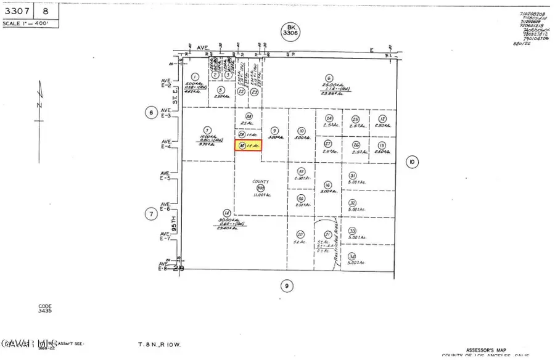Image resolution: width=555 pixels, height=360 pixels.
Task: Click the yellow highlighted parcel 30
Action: (249, 146)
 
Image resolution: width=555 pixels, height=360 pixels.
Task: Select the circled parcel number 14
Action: (228, 211)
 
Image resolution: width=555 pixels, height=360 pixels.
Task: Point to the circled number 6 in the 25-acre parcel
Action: (329, 78)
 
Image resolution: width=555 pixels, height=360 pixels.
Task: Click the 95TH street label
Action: (174, 227)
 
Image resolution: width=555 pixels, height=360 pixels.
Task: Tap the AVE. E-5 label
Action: (165, 176)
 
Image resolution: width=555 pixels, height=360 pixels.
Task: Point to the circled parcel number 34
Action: (351, 256)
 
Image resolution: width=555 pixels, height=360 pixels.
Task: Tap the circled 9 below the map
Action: (286, 285)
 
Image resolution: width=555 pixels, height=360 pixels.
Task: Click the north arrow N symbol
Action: (39, 105)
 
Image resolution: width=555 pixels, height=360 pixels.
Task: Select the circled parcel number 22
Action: (241, 91)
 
